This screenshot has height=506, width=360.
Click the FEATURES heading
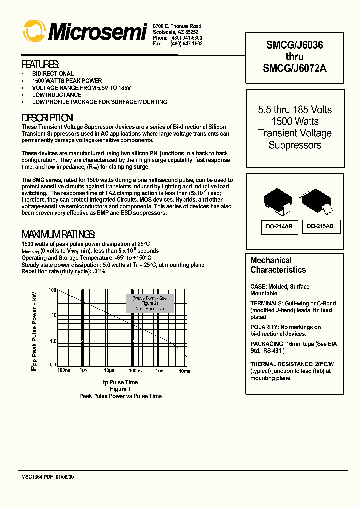40,64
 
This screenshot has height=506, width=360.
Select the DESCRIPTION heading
48,118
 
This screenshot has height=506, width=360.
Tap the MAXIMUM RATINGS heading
58,234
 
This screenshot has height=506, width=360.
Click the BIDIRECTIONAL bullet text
53,74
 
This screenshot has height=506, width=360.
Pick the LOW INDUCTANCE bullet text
57,95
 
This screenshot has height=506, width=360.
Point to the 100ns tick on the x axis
64,371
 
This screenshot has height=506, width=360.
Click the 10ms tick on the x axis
184,371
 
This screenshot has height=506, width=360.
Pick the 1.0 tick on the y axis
52,341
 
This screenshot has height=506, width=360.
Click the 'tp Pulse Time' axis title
120,382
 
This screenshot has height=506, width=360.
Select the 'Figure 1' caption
120,389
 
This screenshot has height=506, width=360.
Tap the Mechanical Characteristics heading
278,265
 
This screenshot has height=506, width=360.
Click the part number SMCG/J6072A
294,69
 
